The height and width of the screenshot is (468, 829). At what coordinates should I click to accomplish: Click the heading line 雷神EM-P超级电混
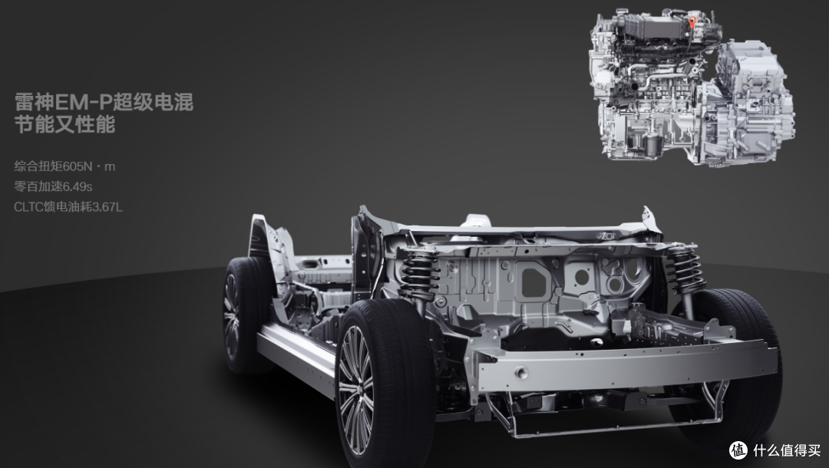click(104, 103)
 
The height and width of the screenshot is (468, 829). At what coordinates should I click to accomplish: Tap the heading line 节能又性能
click(64, 124)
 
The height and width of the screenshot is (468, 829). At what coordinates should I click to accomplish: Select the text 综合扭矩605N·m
click(64, 166)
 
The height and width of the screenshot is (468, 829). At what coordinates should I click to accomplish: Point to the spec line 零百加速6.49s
click(53, 186)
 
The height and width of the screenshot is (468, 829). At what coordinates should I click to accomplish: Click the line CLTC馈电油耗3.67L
click(68, 206)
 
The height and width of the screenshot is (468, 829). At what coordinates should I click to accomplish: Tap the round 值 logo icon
click(738, 450)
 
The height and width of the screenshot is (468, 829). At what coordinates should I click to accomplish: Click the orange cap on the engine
click(692, 21)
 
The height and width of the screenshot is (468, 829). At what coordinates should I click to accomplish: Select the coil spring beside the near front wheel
click(420, 275)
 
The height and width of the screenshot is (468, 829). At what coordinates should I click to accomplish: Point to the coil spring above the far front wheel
click(685, 269)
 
